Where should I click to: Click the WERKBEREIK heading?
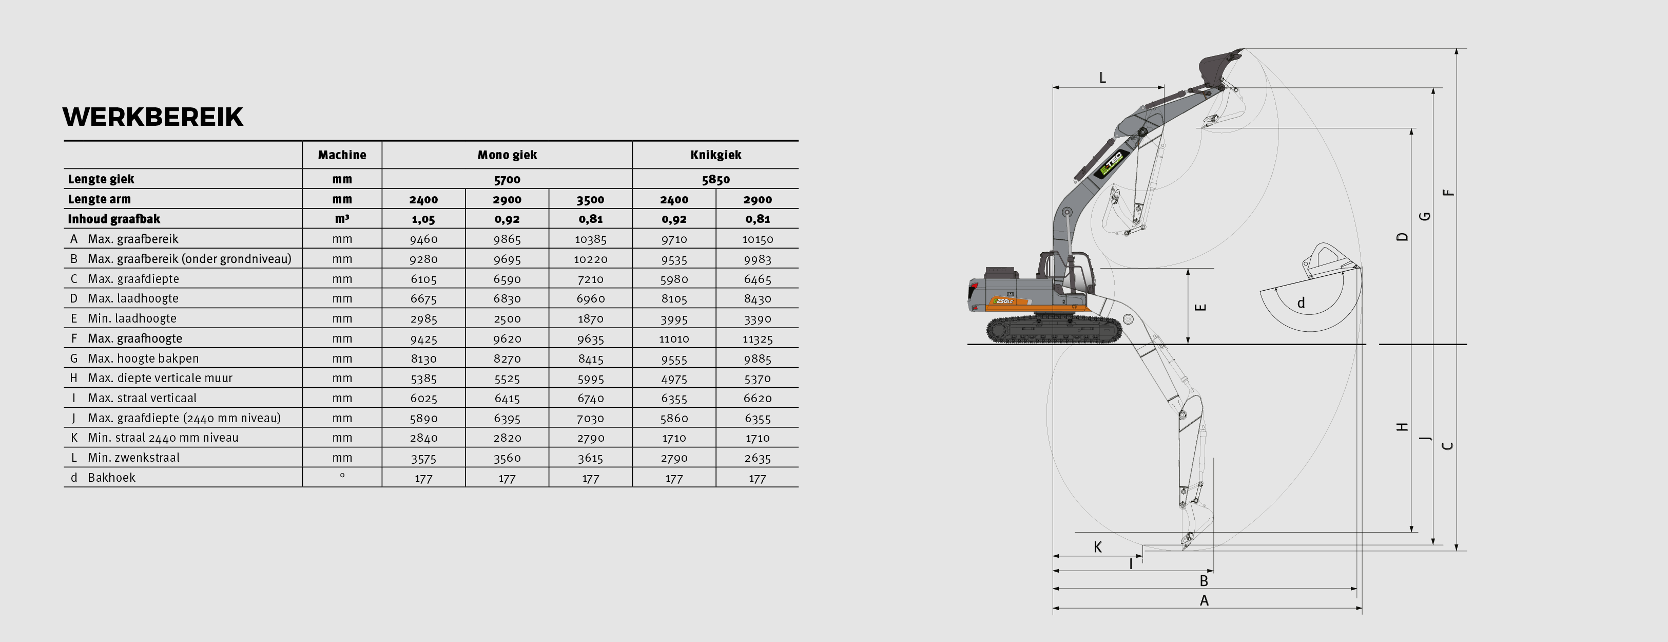click(153, 117)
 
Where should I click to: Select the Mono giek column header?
click(507, 155)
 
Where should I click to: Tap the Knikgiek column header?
click(715, 155)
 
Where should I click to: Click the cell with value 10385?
click(590, 239)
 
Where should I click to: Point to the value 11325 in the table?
click(757, 338)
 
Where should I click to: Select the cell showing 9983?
click(757, 259)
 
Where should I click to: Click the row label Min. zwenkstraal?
click(133, 458)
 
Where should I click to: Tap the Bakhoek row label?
click(111, 478)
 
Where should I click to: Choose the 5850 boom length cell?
click(715, 179)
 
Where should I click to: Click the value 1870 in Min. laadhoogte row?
click(590, 319)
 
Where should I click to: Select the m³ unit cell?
click(342, 219)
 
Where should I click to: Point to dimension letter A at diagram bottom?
click(1204, 600)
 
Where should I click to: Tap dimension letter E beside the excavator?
click(1200, 307)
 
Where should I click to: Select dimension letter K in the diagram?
click(1097, 547)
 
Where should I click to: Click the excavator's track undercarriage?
click(1054, 330)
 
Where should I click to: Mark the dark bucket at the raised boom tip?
click(1215, 65)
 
